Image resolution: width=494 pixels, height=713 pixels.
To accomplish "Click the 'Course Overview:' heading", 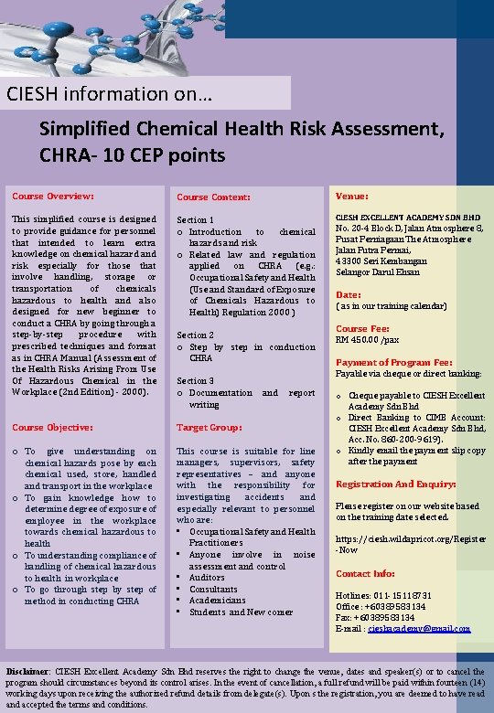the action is pyautogui.click(x=52, y=197).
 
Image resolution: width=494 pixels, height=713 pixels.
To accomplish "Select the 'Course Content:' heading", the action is pyautogui.click(x=213, y=197).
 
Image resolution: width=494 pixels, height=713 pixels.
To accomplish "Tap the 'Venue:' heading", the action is pyautogui.click(x=352, y=196).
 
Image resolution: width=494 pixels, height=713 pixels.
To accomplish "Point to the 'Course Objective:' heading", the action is pyautogui.click(x=52, y=427).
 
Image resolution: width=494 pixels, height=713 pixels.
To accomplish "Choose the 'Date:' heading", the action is pyautogui.click(x=349, y=294).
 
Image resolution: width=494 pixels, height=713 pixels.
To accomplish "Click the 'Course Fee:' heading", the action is pyautogui.click(x=362, y=329).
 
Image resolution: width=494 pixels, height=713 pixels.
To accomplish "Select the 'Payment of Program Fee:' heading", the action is pyautogui.click(x=393, y=362).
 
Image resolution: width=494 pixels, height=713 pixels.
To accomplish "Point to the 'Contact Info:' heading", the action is pyautogui.click(x=365, y=574).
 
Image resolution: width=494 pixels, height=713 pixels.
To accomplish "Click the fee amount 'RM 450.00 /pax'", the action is pyautogui.click(x=367, y=340).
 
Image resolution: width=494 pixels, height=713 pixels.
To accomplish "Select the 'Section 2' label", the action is pyautogui.click(x=196, y=335).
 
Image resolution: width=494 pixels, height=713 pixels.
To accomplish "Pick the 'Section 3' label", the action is pyautogui.click(x=196, y=381).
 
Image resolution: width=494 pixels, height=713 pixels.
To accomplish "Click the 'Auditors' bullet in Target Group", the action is pyautogui.click(x=207, y=578).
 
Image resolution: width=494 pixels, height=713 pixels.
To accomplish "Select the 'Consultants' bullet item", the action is pyautogui.click(x=213, y=590).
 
